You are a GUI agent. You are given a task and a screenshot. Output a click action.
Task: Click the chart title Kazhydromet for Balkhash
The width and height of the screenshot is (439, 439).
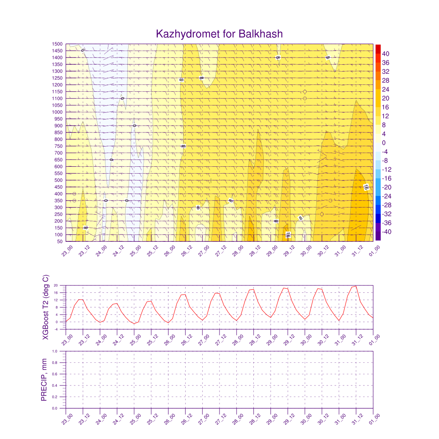click(x=219, y=34)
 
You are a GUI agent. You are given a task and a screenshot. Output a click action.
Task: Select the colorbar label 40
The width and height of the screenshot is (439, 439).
click(x=386, y=54)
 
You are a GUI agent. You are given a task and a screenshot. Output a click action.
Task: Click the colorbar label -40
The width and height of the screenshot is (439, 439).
click(x=387, y=232)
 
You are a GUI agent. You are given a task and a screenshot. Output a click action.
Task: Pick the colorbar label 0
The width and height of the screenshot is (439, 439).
click(x=384, y=143)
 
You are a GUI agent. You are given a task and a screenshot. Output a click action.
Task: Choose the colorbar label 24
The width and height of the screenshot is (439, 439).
click(x=386, y=89)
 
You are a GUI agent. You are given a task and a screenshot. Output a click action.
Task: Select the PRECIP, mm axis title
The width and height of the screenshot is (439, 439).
click(x=44, y=380)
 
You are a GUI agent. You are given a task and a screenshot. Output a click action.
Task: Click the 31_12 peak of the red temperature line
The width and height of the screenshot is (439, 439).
click(x=355, y=286)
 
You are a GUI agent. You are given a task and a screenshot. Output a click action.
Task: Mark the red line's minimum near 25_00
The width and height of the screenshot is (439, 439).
click(x=134, y=324)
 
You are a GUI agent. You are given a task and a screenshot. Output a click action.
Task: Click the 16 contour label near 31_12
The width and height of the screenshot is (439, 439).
click(x=366, y=187)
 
